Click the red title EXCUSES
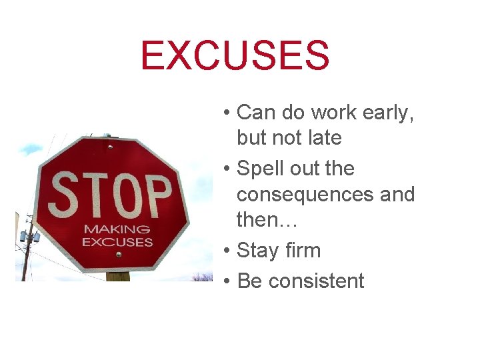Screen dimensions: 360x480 coord(235,56)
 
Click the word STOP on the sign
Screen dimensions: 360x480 coord(111,193)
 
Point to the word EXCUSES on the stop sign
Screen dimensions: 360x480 coord(117,241)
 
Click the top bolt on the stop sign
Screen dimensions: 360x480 coord(110,146)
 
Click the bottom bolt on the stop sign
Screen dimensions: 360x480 coord(118,254)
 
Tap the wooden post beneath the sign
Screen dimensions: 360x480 coord(118,276)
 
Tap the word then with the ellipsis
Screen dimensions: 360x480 coord(267,219)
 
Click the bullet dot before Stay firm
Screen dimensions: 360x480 coord(227,251)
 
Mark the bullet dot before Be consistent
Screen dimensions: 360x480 coord(227,281)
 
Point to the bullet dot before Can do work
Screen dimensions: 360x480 coord(227,113)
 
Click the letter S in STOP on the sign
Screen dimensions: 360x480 coord(66,193)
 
